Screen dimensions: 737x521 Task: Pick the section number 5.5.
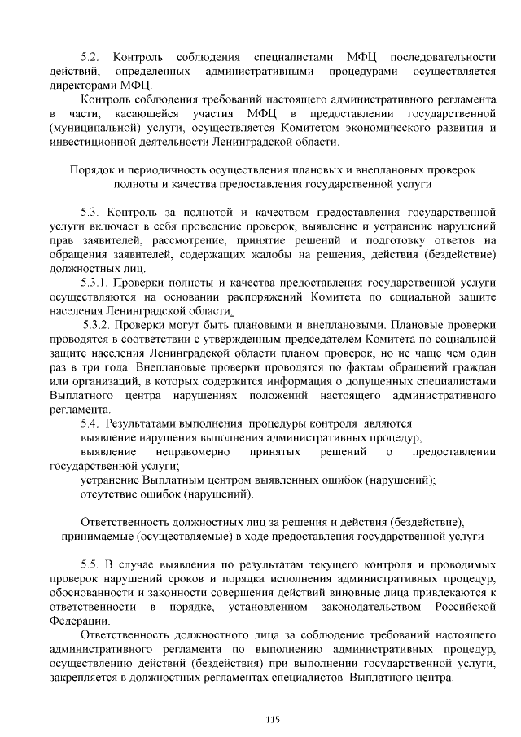(90, 564)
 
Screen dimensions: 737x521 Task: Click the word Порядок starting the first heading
(94, 171)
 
